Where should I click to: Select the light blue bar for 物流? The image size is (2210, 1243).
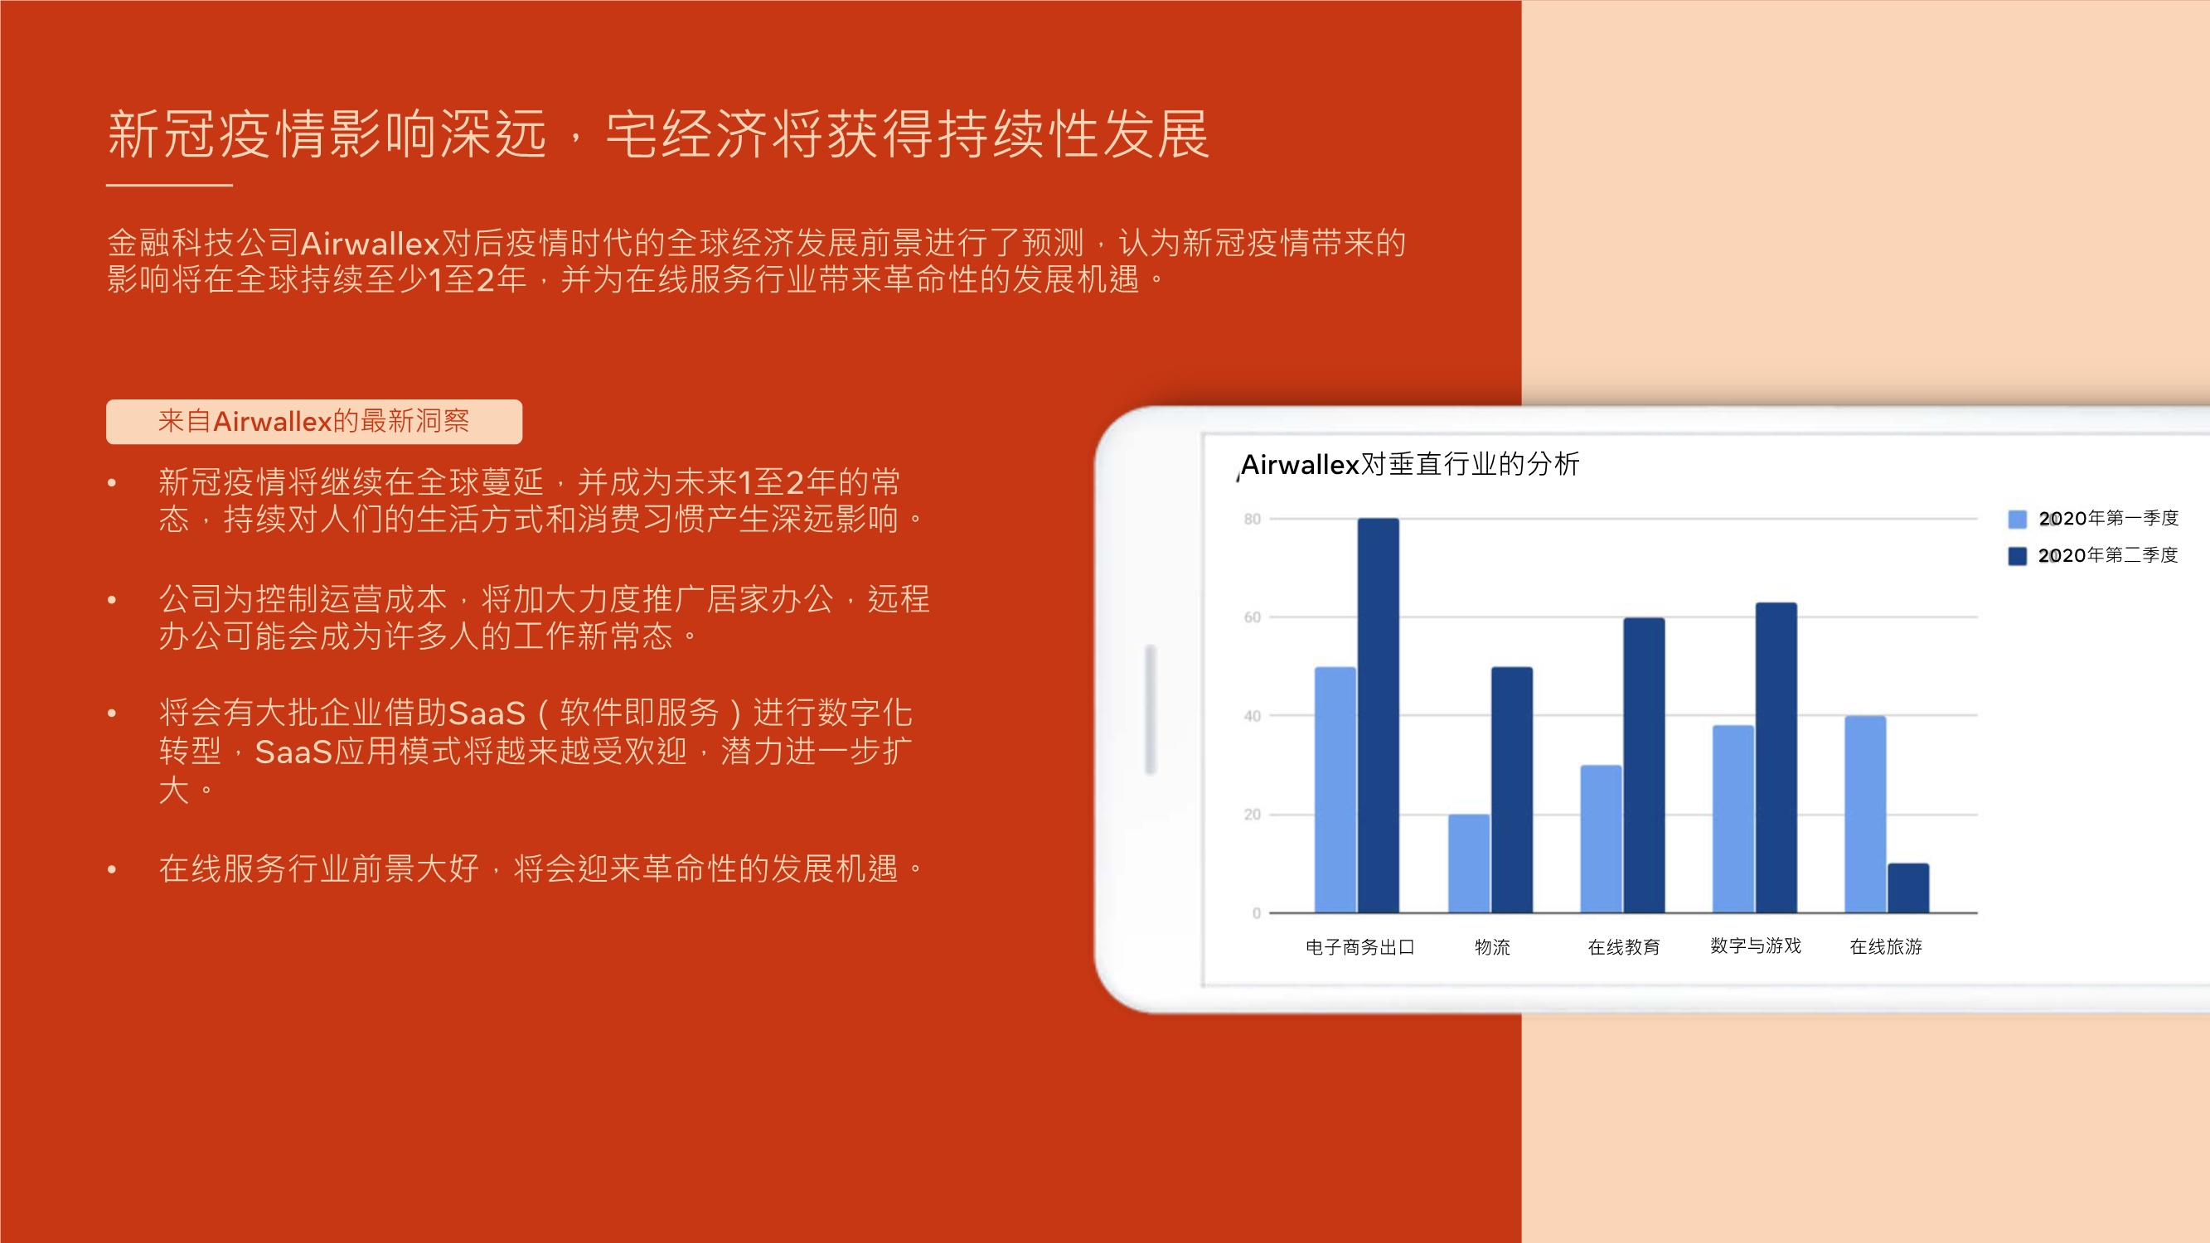(x=1469, y=863)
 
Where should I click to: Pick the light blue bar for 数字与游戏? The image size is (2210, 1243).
(x=1733, y=819)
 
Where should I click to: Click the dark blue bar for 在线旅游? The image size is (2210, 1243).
(x=1908, y=888)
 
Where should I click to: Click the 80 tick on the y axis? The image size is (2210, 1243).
(x=1253, y=519)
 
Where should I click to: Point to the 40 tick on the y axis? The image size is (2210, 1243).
(x=1253, y=715)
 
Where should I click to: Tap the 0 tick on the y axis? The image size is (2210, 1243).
(x=1256, y=912)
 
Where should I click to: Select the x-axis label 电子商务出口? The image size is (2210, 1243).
(x=1359, y=946)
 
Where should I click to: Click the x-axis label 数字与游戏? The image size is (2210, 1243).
(x=1755, y=946)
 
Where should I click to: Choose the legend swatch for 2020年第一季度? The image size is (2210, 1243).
(x=2017, y=519)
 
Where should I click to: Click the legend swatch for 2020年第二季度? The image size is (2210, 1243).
(x=2017, y=556)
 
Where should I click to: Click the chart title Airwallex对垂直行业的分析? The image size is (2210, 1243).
(x=1409, y=464)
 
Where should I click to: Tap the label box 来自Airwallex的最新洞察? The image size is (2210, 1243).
(x=314, y=421)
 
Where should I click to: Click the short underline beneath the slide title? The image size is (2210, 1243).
(x=169, y=185)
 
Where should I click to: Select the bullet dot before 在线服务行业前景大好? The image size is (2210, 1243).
(x=112, y=870)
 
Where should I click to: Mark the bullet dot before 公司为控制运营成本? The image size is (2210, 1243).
(x=112, y=600)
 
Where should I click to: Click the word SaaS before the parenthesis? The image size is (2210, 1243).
(x=487, y=713)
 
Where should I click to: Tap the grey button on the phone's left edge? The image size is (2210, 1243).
(x=1151, y=709)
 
